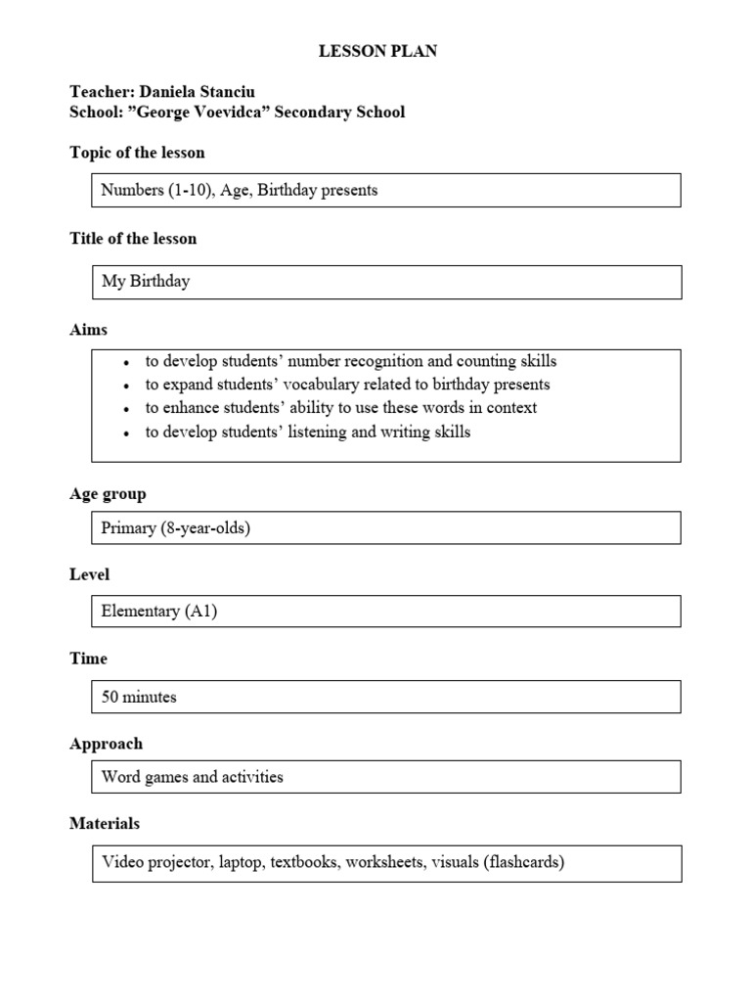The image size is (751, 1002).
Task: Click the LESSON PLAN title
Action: point(377,52)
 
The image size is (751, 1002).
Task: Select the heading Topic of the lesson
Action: point(137,153)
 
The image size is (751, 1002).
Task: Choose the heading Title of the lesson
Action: point(133,238)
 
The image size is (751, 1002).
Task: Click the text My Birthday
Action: point(146,281)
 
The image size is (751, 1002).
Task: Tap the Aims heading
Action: point(89,329)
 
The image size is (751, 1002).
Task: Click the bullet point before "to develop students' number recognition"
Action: point(127,362)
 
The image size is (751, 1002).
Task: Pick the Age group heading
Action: point(108,494)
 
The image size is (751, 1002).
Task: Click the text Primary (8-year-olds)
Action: point(176,527)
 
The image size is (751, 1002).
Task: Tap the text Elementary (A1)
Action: point(159,612)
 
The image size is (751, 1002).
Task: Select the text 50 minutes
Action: point(139,697)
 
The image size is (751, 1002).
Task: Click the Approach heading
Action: point(106,744)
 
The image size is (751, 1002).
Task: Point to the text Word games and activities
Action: point(193,777)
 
